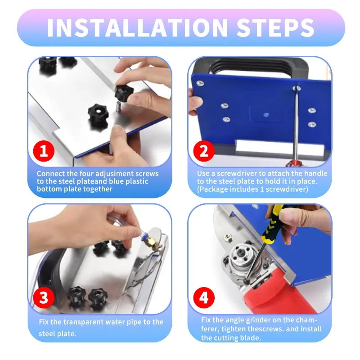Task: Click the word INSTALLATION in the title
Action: click(x=138, y=28)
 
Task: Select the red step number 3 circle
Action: click(x=44, y=297)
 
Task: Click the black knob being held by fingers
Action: click(x=122, y=93)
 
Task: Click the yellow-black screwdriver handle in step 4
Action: click(x=275, y=223)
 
